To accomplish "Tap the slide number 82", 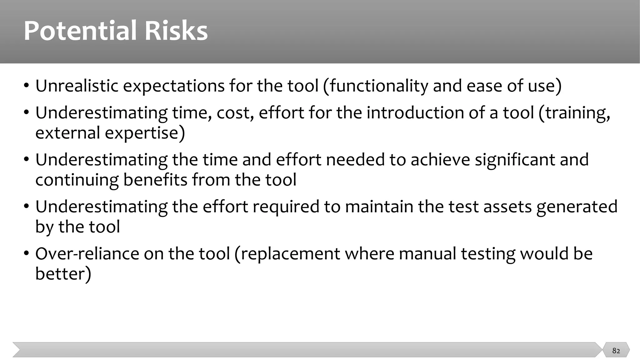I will point(616,351).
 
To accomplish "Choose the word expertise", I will point(144,133).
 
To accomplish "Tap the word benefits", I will point(155,180).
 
